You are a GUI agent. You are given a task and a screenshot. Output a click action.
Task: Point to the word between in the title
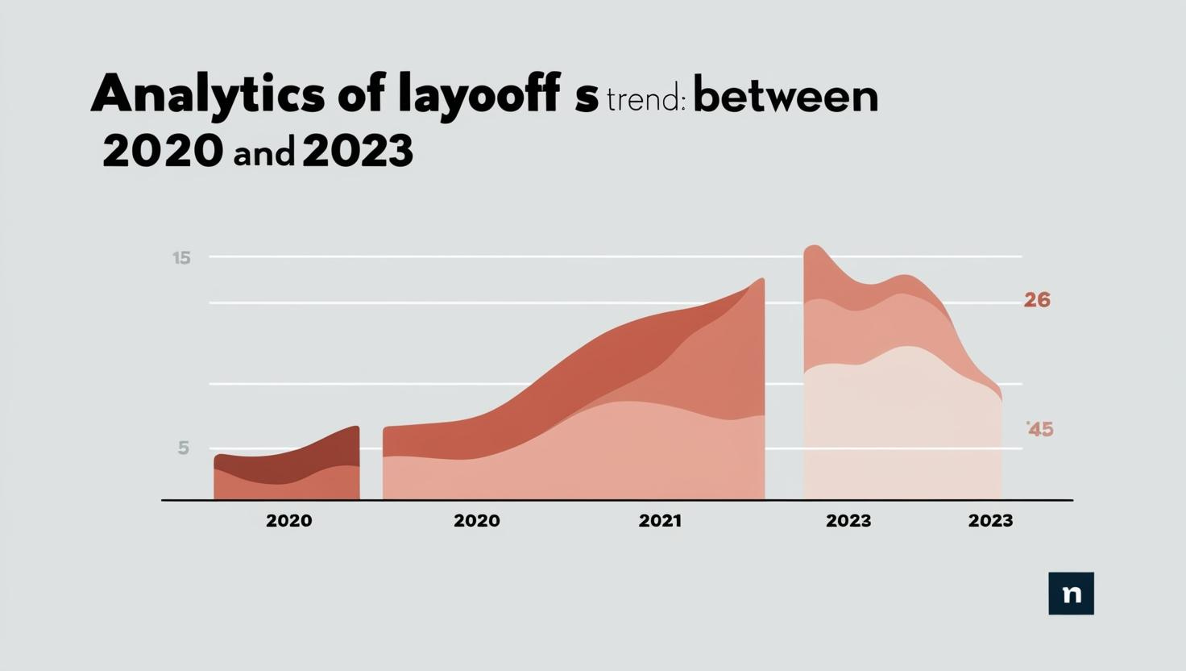[x=785, y=97]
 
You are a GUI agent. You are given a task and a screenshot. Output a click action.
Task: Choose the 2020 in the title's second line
[x=162, y=150]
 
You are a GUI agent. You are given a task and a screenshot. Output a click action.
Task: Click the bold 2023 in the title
[x=358, y=150]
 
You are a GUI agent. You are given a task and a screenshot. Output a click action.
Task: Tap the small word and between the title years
[x=263, y=153]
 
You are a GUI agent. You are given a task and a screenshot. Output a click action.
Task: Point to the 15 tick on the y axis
[x=181, y=258]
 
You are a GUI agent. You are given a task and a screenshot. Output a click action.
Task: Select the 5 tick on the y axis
[x=184, y=448]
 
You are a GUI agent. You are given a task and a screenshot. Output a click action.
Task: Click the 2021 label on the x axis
[x=660, y=521]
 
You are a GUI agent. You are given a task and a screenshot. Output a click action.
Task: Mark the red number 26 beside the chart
[x=1037, y=300]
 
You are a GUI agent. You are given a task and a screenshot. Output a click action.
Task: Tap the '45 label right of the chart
[x=1039, y=429]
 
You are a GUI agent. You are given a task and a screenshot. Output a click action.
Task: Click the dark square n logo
[x=1071, y=594]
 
